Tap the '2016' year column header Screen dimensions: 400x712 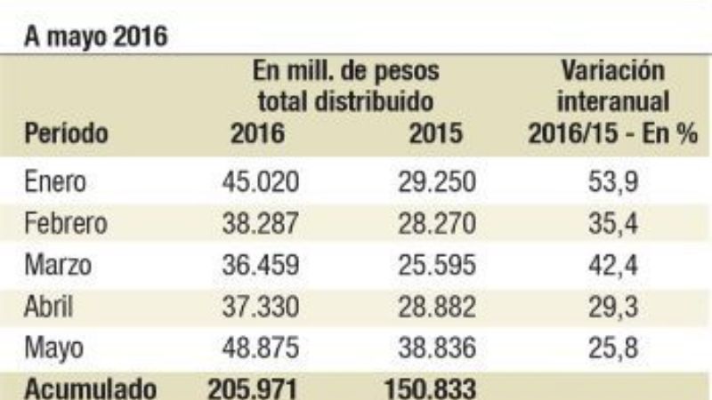[x=257, y=134]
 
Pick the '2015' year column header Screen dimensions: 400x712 [x=437, y=134]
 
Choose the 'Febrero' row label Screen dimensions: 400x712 [x=65, y=223]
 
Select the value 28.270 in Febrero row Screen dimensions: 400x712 [x=437, y=223]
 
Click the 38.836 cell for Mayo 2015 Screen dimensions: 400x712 [x=437, y=347]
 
